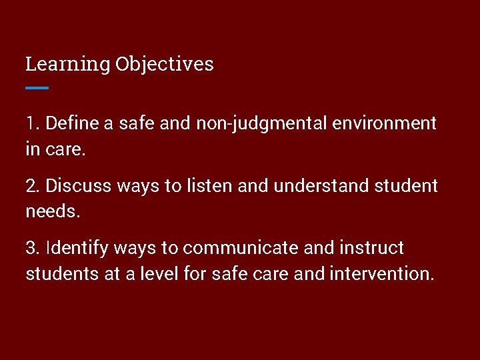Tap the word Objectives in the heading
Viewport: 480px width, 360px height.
pyautogui.click(x=164, y=65)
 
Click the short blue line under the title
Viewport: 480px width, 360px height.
pyautogui.click(x=37, y=87)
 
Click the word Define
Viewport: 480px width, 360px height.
pyautogui.click(x=71, y=123)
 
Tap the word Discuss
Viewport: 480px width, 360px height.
pyautogui.click(x=79, y=185)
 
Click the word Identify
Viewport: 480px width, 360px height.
pyautogui.click(x=77, y=249)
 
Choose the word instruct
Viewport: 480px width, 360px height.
pyautogui.click(x=371, y=248)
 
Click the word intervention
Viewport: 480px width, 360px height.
pyautogui.click(x=381, y=274)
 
